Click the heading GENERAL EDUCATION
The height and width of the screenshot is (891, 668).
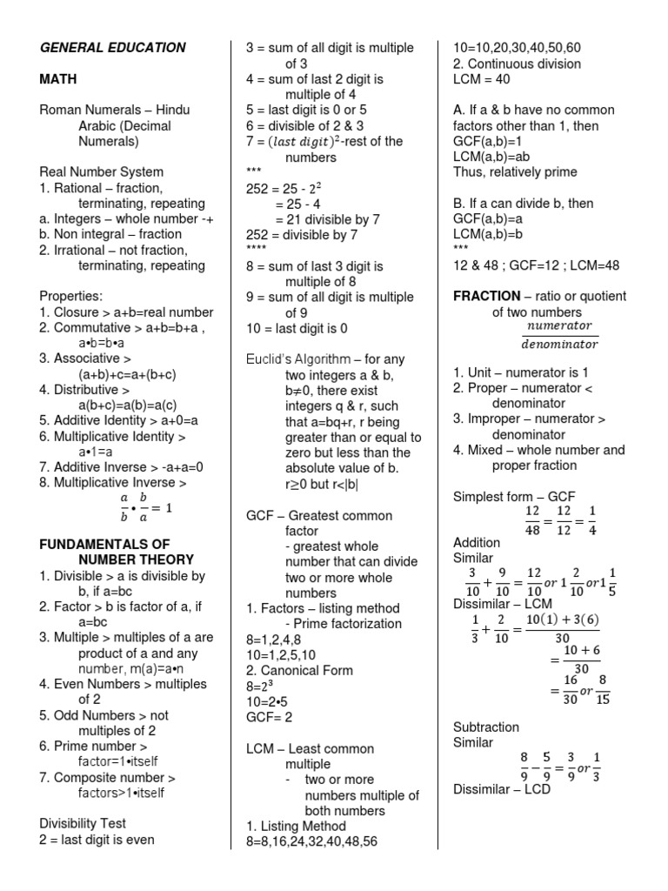pos(112,48)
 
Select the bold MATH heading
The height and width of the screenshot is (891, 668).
pos(58,79)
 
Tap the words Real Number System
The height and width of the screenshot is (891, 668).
pos(101,172)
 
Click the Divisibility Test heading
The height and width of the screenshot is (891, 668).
pos(83,823)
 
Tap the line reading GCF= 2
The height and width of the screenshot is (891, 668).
pos(268,717)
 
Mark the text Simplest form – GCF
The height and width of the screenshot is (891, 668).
pos(514,497)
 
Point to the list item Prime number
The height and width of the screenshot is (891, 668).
pos(93,747)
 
